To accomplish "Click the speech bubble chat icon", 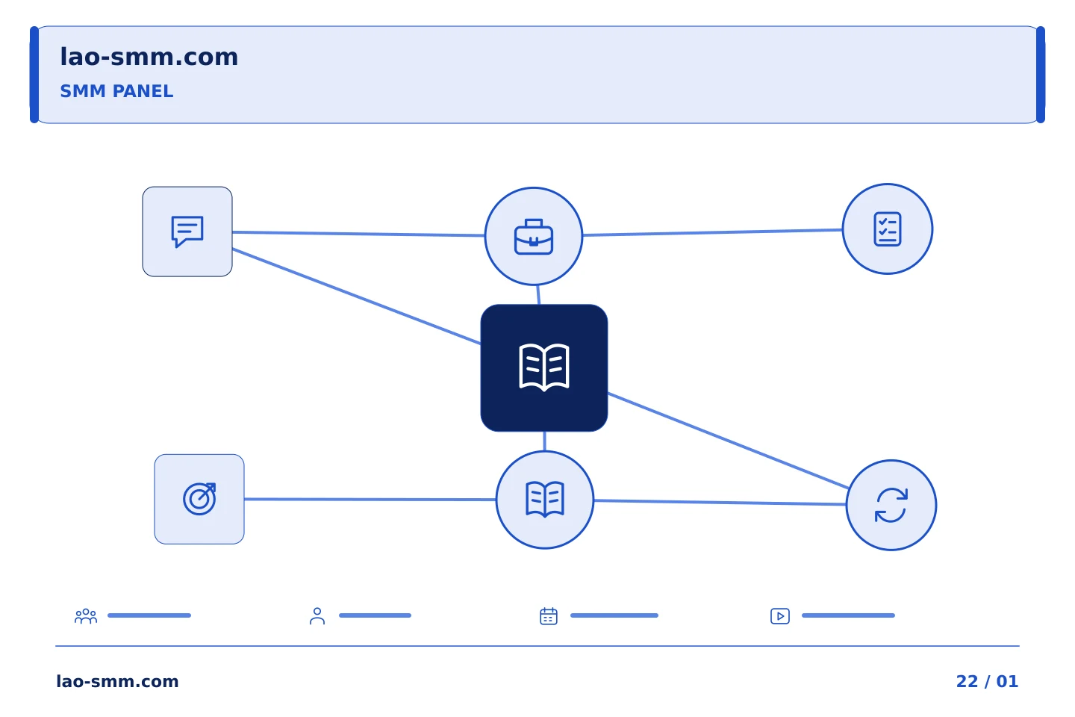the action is pyautogui.click(x=187, y=232).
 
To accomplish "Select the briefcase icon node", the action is pyautogui.click(x=534, y=236).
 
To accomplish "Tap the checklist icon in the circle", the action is pyautogui.click(x=888, y=229).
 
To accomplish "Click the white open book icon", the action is pyautogui.click(x=544, y=367).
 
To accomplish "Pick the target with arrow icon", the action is pyautogui.click(x=199, y=499).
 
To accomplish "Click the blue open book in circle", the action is pyautogui.click(x=545, y=500).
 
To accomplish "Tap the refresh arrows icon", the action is pyautogui.click(x=891, y=505).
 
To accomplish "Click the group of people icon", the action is pyautogui.click(x=86, y=616).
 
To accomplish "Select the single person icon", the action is pyautogui.click(x=317, y=616).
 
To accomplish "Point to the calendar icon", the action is pyautogui.click(x=549, y=616).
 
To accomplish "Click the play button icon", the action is pyautogui.click(x=780, y=616).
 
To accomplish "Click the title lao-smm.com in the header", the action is pyautogui.click(x=149, y=58).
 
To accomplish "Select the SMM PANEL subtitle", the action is pyautogui.click(x=116, y=91).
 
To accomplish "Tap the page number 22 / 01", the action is pyautogui.click(x=987, y=681).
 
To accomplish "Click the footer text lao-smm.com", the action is pyautogui.click(x=118, y=681).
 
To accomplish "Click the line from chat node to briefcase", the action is pyautogui.click(x=358, y=234).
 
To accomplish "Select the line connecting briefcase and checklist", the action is pyautogui.click(x=713, y=232).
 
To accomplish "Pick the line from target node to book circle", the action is pyautogui.click(x=370, y=500).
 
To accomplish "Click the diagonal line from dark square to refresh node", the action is pyautogui.click(x=729, y=441).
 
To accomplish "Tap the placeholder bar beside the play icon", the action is pyautogui.click(x=849, y=615).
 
